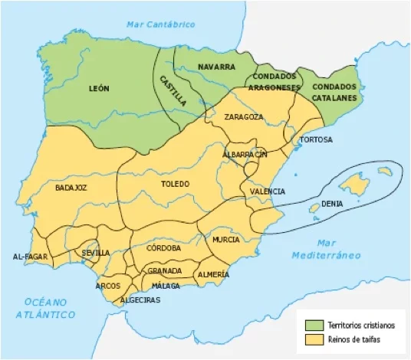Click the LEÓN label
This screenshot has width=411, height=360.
[99, 89]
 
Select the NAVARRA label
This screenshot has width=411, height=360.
[216, 67]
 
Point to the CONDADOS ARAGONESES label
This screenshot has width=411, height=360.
[272, 83]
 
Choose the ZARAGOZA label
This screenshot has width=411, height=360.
[244, 117]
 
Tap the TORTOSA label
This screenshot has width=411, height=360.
[316, 140]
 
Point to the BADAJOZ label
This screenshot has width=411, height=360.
[71, 187]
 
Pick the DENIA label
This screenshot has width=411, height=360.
[332, 205]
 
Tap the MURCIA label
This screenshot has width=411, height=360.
[226, 240]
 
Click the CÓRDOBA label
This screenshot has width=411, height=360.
[163, 248]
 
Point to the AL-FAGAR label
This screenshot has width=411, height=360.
[29, 255]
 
